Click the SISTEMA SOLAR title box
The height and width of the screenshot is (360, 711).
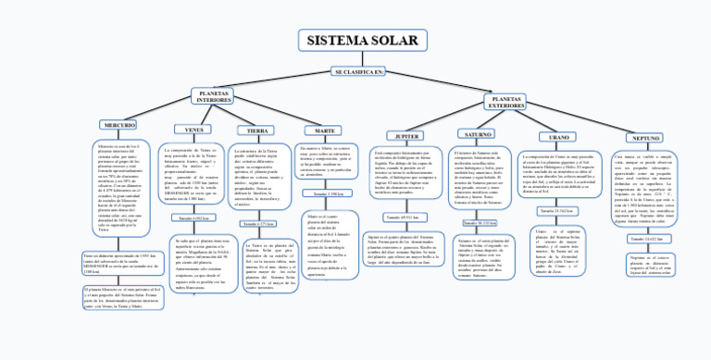click(362, 41)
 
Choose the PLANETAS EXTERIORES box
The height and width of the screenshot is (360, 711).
click(506, 103)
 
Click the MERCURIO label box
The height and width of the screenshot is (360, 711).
click(119, 124)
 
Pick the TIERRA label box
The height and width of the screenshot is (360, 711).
click(256, 130)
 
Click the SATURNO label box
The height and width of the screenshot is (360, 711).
click(478, 135)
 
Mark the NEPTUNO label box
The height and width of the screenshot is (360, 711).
click(645, 138)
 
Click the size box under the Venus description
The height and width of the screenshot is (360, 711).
click(193, 217)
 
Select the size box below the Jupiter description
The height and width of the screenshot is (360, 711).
click(402, 217)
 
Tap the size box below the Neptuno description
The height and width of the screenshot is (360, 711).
click(644, 240)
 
